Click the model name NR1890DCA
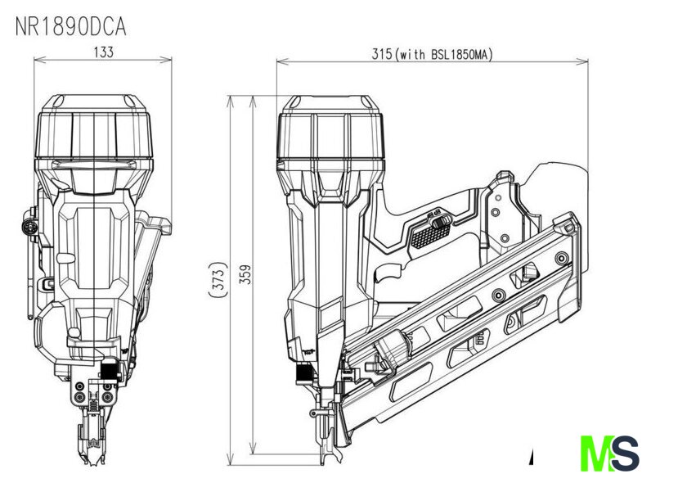(x=71, y=27)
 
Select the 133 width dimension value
(x=104, y=52)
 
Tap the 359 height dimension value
(x=247, y=274)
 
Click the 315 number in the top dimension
(x=381, y=54)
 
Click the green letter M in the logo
(x=598, y=454)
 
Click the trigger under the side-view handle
(x=388, y=273)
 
